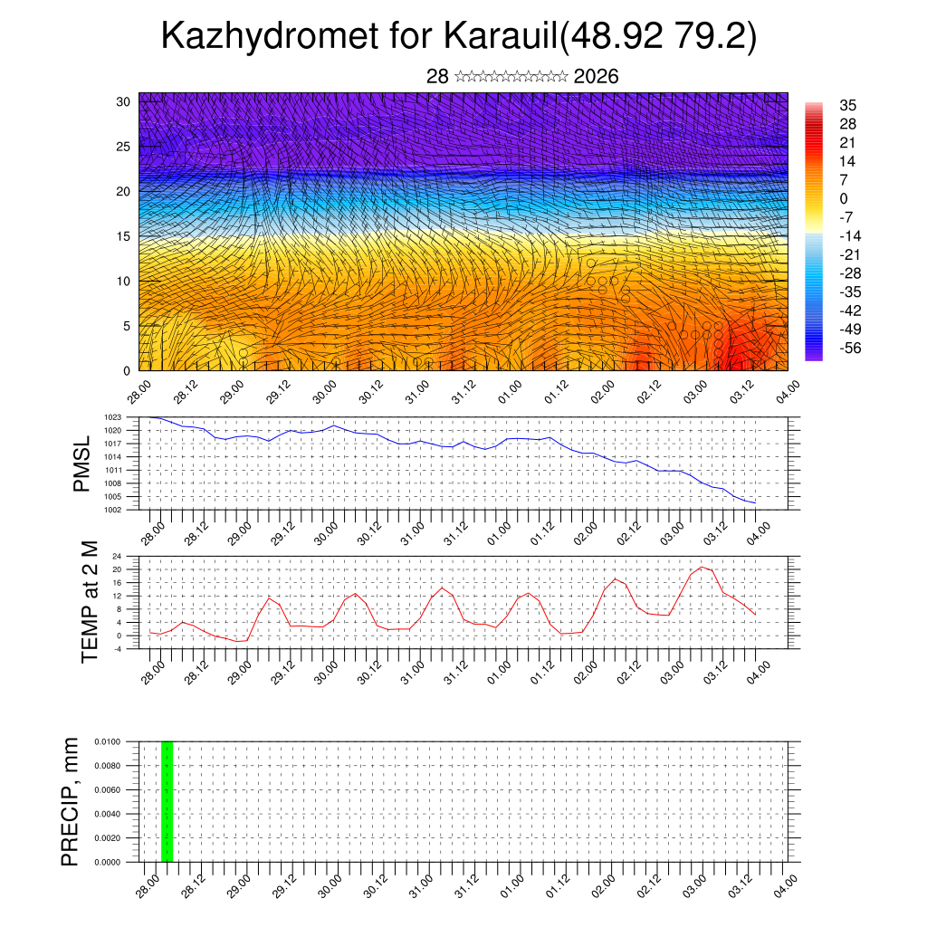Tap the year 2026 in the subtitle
coord(597,77)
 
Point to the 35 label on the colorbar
coord(847,105)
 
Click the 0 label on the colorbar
coord(844,198)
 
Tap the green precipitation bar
coord(167,801)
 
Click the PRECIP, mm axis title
coord(70,801)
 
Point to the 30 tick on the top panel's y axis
coord(123,101)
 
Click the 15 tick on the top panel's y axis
coord(123,236)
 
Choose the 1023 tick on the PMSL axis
coord(124,417)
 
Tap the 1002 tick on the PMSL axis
coord(124,510)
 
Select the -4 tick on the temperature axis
coord(129,648)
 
